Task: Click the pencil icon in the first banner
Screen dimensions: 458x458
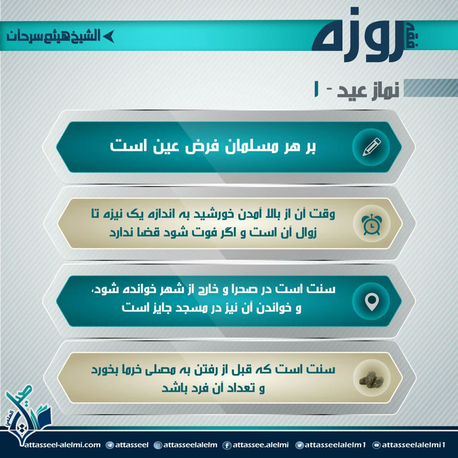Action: [x=371, y=147]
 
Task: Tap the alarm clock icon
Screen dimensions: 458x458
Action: [x=372, y=224]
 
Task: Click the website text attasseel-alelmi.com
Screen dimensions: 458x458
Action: [x=62, y=445]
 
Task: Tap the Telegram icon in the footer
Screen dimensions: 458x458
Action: [x=109, y=445]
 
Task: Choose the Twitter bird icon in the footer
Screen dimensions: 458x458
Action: [x=300, y=445]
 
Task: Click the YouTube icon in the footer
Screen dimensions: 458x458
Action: [x=376, y=445]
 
